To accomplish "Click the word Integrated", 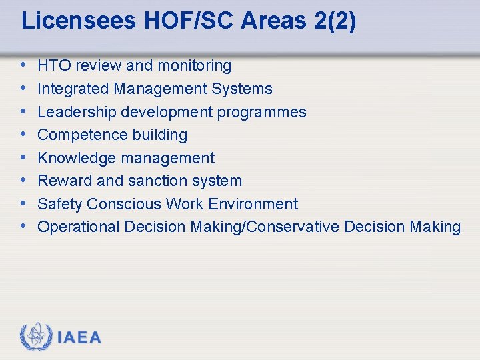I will click(71, 89).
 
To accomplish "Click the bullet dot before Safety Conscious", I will click(25, 203).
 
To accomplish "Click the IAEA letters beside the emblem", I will click(79, 337).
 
